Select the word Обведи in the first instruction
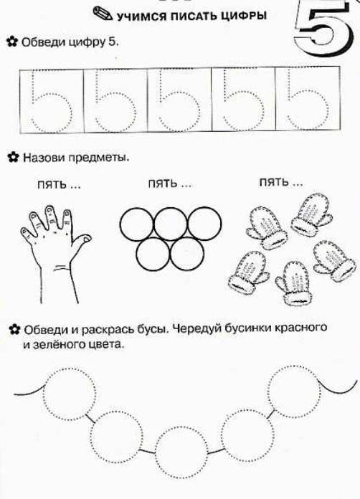click(x=42, y=42)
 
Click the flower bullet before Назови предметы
click(x=13, y=158)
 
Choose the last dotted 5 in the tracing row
click(x=307, y=100)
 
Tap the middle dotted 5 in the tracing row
click(x=179, y=100)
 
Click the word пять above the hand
click(x=52, y=184)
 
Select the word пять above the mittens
click(x=274, y=183)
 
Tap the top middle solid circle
click(x=170, y=224)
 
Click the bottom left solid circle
click(x=153, y=254)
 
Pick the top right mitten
click(x=311, y=214)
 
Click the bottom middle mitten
click(x=292, y=282)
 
